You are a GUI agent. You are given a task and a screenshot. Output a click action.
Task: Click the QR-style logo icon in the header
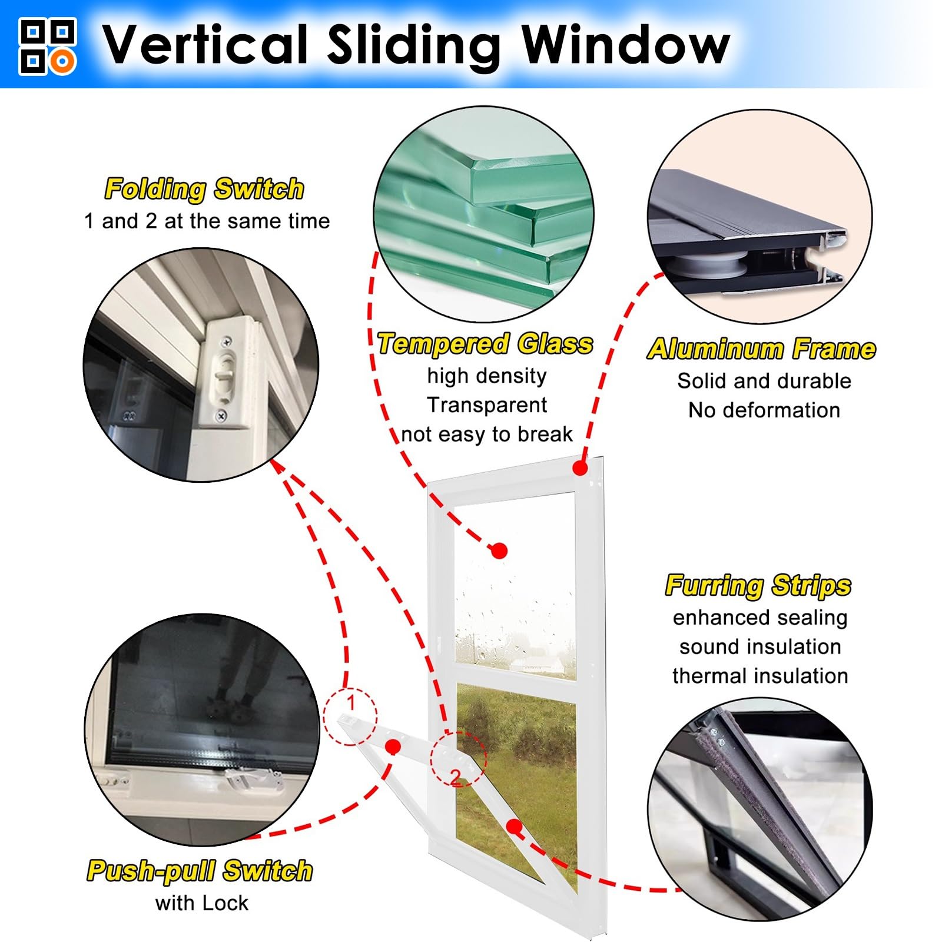48,47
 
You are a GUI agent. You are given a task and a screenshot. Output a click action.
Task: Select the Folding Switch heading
204,189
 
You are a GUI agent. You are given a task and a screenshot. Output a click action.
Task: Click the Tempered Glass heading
485,344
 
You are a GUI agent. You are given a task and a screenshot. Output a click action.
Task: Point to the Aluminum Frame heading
761,349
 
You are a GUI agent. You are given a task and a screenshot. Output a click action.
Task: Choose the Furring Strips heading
758,585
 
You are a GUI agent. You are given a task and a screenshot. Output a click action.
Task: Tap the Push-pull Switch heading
200,870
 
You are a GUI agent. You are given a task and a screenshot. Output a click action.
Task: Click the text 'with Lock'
201,903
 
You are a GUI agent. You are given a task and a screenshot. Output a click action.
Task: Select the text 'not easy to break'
487,434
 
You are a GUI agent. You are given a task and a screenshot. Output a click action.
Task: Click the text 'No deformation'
764,410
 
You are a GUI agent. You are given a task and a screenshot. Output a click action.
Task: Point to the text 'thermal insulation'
760,675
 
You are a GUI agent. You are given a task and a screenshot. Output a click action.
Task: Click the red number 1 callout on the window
351,703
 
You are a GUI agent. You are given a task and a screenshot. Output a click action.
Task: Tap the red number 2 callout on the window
456,778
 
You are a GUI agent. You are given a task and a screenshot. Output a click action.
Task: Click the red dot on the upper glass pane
499,551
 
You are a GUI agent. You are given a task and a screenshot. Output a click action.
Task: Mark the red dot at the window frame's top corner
580,468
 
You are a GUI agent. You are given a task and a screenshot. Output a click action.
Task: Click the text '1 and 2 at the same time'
207,221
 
